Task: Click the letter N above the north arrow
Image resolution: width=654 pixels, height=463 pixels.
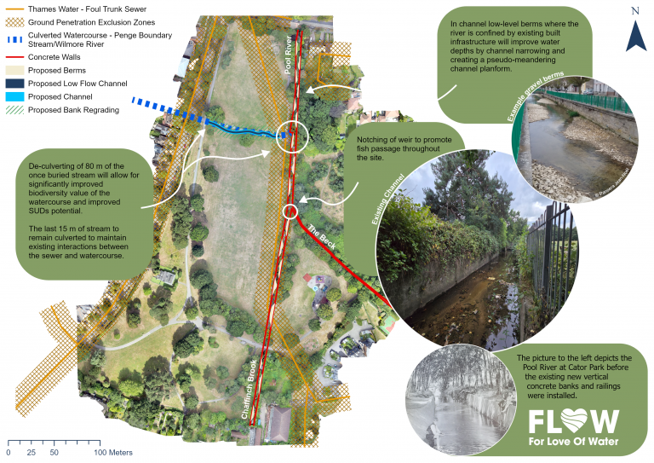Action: (635, 10)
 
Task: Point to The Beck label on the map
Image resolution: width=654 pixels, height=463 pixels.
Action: (324, 236)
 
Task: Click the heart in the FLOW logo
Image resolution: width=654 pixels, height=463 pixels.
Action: (577, 420)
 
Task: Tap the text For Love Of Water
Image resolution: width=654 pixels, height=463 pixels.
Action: (573, 443)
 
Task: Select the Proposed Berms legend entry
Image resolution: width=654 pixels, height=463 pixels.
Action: (57, 70)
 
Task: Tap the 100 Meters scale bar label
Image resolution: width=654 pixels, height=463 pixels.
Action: (112, 452)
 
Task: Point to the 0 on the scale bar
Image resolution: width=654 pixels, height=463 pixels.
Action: (9, 452)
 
